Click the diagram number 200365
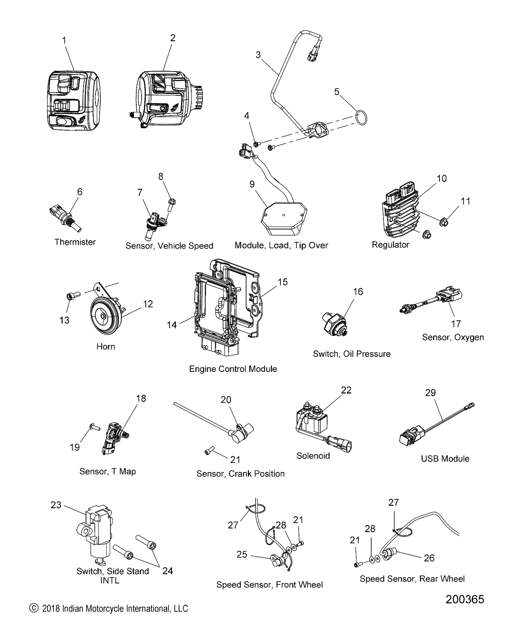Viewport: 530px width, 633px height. pos(465,599)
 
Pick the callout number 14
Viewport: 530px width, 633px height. pos(172,325)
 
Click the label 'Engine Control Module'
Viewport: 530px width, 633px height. pos(233,369)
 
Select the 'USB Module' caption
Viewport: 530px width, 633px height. pos(445,459)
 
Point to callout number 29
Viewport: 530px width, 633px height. pos(430,392)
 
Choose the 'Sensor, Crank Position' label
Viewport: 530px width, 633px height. pos(240,474)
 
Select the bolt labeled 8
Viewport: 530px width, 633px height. pos(172,205)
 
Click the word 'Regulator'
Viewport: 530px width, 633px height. pos(390,244)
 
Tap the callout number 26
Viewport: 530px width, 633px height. pos(429,558)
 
